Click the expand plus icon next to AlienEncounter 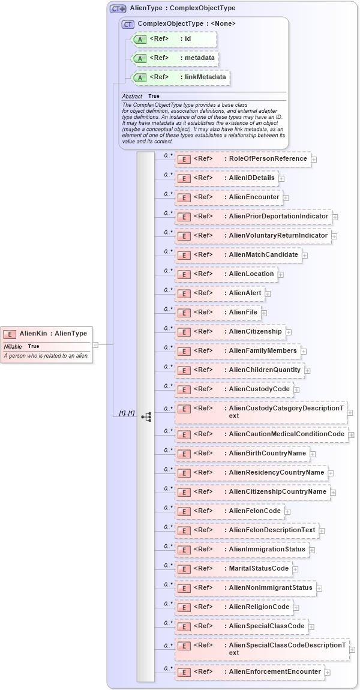coord(286,197)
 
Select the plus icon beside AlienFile coord(264,313)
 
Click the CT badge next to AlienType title coord(118,9)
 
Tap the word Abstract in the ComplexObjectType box coord(132,97)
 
